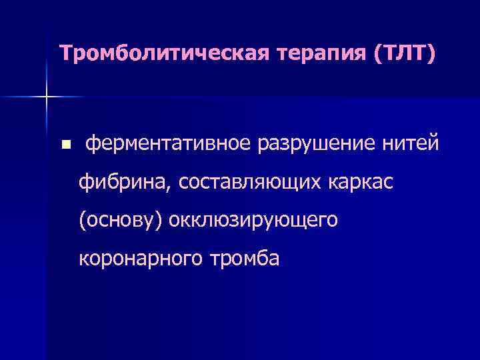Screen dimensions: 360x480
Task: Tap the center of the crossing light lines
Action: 47,97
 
